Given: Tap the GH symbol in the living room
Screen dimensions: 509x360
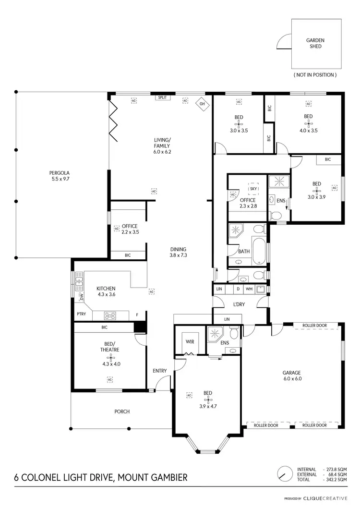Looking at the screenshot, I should click(x=202, y=104).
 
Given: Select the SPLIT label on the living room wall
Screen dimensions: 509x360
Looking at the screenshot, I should click(x=162, y=97).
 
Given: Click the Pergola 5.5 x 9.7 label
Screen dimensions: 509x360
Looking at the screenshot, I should click(x=60, y=175).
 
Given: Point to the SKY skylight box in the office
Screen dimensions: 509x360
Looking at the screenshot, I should click(x=252, y=188).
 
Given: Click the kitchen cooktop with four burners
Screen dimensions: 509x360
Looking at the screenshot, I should click(x=110, y=315).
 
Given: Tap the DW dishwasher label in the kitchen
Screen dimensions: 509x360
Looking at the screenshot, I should click(x=82, y=297).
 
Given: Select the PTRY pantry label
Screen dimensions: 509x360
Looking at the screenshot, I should click(x=81, y=315).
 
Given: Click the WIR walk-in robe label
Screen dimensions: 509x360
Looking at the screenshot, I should click(x=190, y=341).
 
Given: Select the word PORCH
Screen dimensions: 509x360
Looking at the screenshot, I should click(x=122, y=412).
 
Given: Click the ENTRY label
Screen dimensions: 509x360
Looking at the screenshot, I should click(x=159, y=371).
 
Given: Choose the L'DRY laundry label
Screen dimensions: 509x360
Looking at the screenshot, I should click(x=240, y=305).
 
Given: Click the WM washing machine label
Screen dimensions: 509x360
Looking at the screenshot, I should click(x=249, y=289).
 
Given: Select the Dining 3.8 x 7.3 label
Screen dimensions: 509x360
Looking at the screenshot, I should click(x=178, y=252).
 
